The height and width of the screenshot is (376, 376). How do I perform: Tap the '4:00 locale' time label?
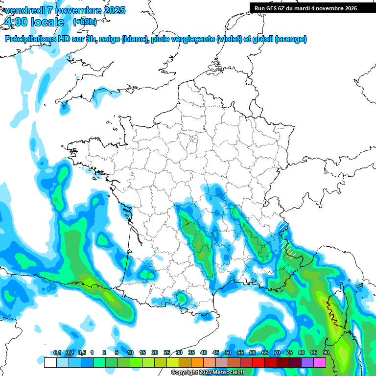34,22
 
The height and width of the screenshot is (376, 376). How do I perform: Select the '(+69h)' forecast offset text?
85,22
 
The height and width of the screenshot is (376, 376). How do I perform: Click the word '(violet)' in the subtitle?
230,39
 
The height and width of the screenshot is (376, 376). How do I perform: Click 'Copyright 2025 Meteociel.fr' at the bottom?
208,373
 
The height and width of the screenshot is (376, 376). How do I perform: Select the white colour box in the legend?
50,363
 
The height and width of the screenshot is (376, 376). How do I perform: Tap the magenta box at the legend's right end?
320,363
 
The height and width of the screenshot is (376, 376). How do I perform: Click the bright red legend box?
258,363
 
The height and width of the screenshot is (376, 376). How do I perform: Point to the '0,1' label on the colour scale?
57,353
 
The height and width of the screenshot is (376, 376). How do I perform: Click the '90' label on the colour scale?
326,353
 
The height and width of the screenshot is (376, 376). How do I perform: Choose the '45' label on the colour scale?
216,353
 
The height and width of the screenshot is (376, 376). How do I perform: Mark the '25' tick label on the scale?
167,353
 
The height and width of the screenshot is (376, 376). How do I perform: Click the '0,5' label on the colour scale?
82,353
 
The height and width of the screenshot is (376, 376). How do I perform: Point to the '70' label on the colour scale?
277,353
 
